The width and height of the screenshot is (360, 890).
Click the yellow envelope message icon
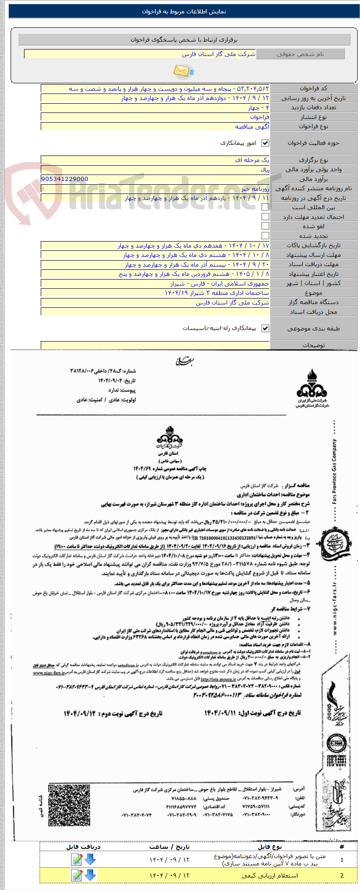(x=183, y=71)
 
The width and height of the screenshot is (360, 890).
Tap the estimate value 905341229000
(x=65, y=179)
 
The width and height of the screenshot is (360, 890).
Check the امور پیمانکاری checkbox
(x=265, y=143)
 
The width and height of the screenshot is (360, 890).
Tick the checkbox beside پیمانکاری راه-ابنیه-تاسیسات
(x=265, y=329)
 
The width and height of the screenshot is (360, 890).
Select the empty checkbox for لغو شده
(x=265, y=226)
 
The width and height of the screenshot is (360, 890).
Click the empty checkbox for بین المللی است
(x=265, y=207)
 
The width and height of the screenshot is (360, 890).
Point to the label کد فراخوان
(x=313, y=88)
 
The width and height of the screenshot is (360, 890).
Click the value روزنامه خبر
(x=255, y=188)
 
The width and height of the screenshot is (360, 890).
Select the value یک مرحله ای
(x=252, y=160)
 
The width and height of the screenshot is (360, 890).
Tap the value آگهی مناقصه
(x=252, y=126)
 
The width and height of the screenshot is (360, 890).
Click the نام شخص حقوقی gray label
(x=300, y=54)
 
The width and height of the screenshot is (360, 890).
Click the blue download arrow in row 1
(x=90, y=859)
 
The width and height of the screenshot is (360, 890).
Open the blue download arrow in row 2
(x=90, y=875)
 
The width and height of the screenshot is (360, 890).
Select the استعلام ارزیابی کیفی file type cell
(x=270, y=876)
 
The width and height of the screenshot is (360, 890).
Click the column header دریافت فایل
(x=83, y=846)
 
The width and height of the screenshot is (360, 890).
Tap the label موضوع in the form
(x=313, y=293)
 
